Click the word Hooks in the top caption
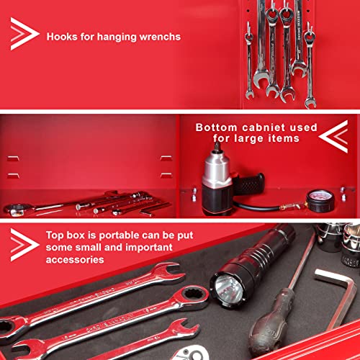pyautogui.click(x=63, y=36)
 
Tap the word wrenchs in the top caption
pyautogui.click(x=158, y=36)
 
